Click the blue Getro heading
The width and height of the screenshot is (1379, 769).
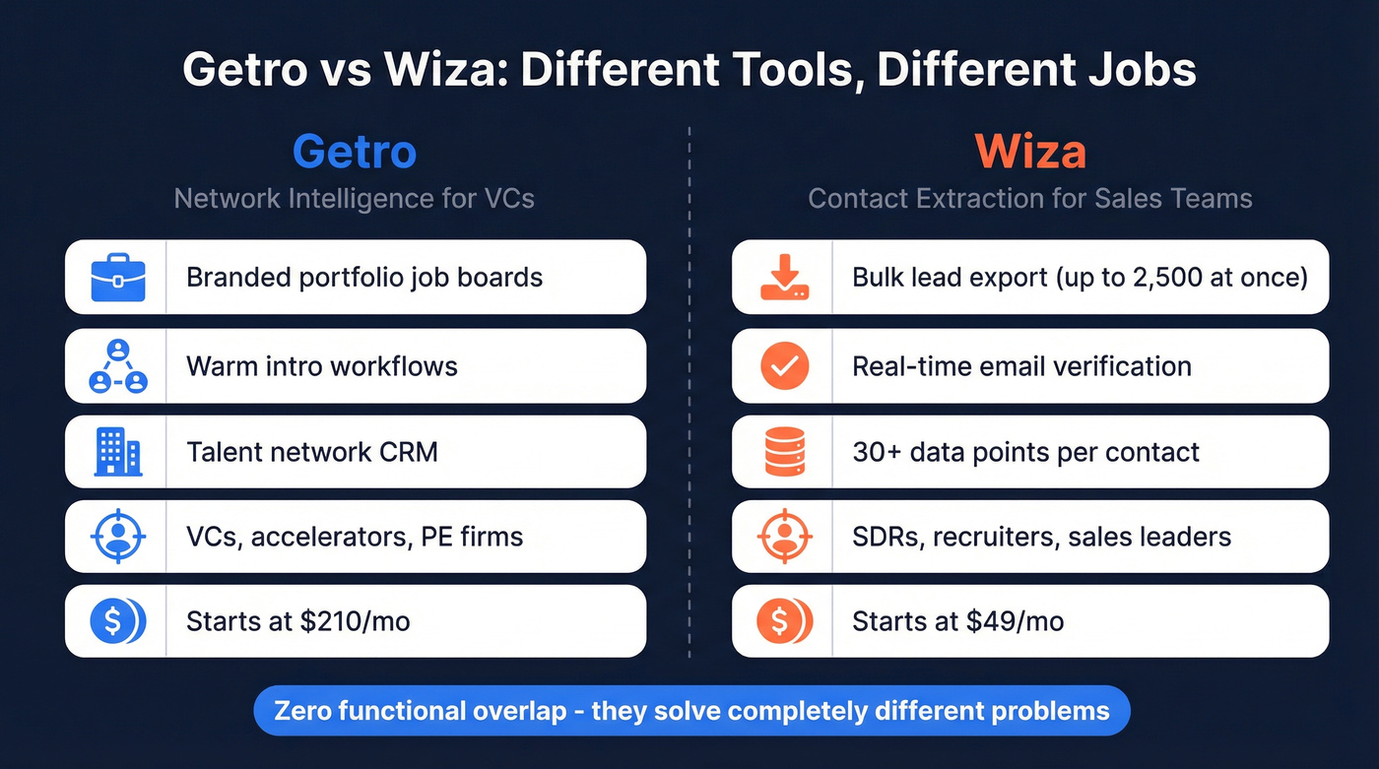pyautogui.click(x=355, y=152)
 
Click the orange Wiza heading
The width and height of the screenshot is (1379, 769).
pyautogui.click(x=1030, y=152)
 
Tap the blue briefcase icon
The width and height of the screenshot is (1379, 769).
pyautogui.click(x=117, y=278)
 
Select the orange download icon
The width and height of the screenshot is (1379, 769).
pyautogui.click(x=784, y=278)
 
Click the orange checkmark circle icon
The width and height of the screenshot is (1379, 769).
pyautogui.click(x=784, y=367)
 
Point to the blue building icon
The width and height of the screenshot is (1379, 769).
pyautogui.click(x=117, y=453)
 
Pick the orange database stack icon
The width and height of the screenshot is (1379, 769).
pyautogui.click(x=784, y=453)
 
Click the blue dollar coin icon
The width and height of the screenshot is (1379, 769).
pyautogui.click(x=117, y=621)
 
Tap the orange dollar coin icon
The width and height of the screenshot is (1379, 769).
pyautogui.click(x=784, y=621)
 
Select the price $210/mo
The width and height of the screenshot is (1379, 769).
pyautogui.click(x=356, y=621)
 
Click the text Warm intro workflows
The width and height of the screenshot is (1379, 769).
pyautogui.click(x=322, y=367)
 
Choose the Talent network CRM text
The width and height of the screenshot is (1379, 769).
pyautogui.click(x=312, y=453)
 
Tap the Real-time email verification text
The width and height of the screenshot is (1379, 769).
pyautogui.click(x=1021, y=367)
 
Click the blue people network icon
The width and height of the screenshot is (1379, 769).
pyautogui.click(x=117, y=366)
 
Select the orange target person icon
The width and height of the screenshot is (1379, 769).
pyautogui.click(x=784, y=538)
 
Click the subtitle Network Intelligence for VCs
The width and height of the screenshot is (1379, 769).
pyautogui.click(x=355, y=198)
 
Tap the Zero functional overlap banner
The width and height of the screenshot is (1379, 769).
pyautogui.click(x=691, y=711)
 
